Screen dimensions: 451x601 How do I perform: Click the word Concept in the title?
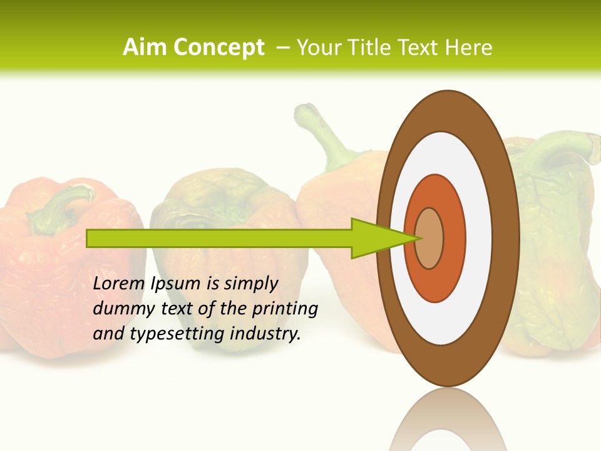coord(218,48)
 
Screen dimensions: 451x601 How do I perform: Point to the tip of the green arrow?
coord(418,238)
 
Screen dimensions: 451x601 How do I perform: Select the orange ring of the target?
coord(454,238)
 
